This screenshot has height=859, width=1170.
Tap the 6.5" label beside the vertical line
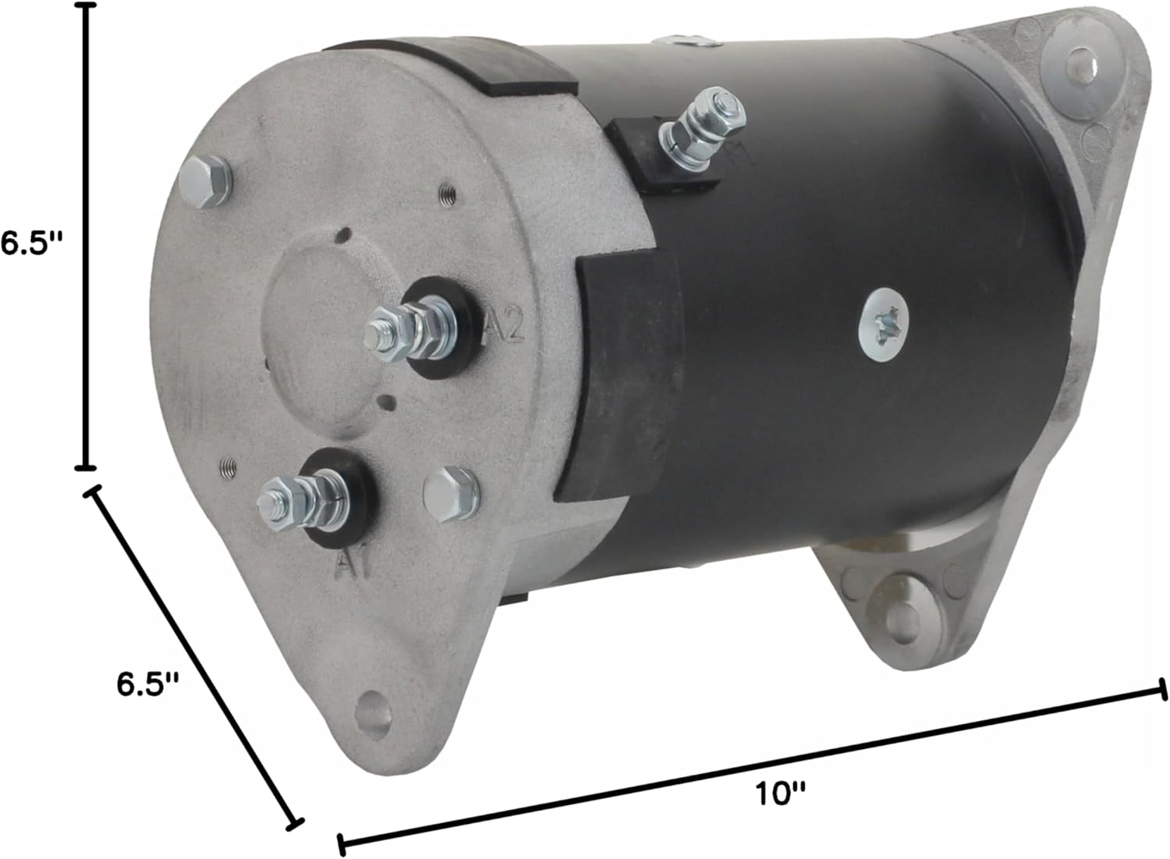(30, 243)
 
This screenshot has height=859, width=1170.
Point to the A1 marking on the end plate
(356, 560)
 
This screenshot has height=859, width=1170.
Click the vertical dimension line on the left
(84, 234)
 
